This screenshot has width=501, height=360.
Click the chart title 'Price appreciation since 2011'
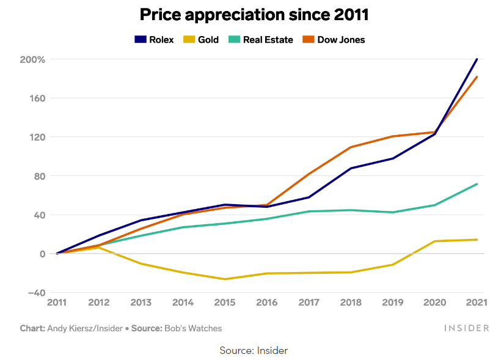(x=254, y=15)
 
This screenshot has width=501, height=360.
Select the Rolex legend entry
(x=154, y=40)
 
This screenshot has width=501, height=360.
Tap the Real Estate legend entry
(x=261, y=40)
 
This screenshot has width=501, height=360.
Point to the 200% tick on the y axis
(x=32, y=59)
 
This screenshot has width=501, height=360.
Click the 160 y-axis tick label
(x=36, y=98)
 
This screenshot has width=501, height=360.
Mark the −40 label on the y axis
(x=35, y=293)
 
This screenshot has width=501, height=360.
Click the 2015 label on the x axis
(x=225, y=302)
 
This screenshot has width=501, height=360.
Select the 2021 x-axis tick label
(x=477, y=302)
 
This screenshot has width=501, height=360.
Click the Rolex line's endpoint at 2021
(x=477, y=59)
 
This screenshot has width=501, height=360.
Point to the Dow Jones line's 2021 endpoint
(x=477, y=77)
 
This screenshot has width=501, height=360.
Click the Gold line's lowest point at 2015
(x=225, y=279)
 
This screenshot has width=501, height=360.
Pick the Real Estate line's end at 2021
(x=477, y=184)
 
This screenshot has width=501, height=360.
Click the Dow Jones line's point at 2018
(x=351, y=147)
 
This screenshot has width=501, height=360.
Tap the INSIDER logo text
(x=467, y=328)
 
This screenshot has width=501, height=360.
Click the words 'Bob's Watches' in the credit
(x=193, y=328)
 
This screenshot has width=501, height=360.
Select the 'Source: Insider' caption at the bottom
(x=254, y=350)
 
